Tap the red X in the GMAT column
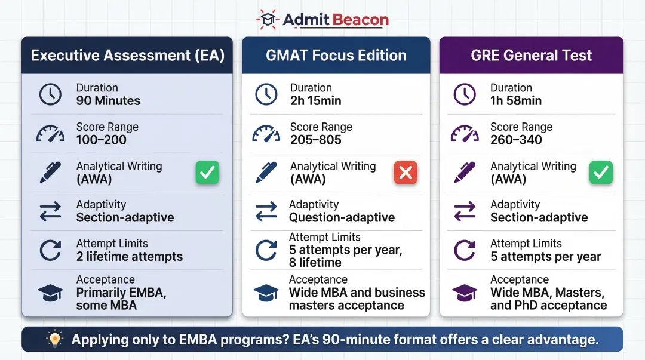[406, 173]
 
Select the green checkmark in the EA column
[207, 173]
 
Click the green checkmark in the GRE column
[601, 173]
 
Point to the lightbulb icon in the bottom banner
[55, 340]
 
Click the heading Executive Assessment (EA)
[127, 56]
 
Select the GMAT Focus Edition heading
[336, 56]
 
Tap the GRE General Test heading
[531, 56]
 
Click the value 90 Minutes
[108, 101]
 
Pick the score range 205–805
[316, 140]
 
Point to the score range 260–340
[516, 140]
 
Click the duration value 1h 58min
[516, 101]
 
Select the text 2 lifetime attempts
[130, 257]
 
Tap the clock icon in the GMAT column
[266, 94]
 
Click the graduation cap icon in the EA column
[50, 293]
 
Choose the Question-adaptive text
[342, 217]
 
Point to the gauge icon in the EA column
[50, 133]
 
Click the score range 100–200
[102, 140]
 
